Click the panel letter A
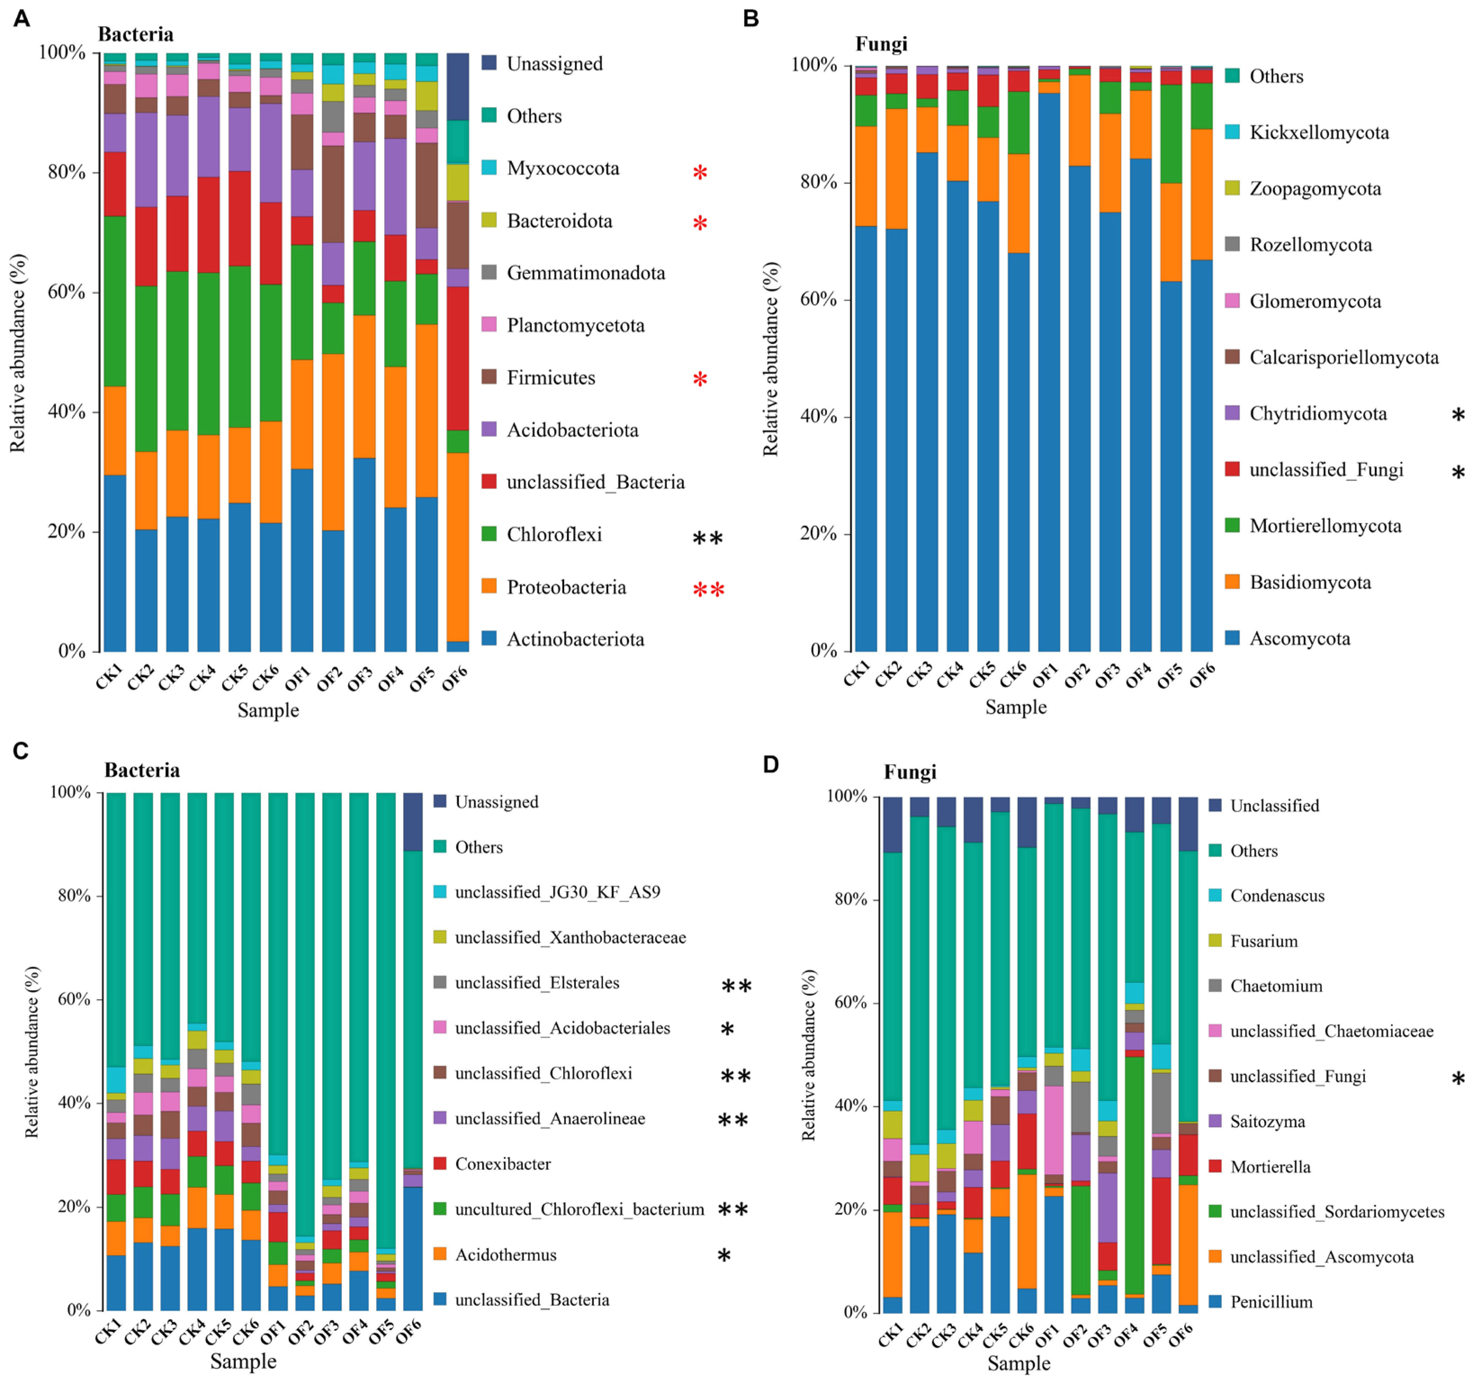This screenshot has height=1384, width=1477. click(x=22, y=18)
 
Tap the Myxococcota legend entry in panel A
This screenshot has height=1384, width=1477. click(x=562, y=169)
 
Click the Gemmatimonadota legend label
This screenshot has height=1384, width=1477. click(x=585, y=274)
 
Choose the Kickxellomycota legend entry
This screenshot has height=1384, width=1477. click(x=1319, y=133)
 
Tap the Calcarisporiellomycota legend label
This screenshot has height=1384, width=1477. click(x=1343, y=358)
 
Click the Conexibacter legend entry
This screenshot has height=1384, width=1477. click(x=503, y=1164)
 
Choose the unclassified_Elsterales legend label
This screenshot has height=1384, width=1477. click(x=536, y=983)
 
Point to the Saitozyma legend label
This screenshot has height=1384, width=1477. click(x=1267, y=1122)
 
